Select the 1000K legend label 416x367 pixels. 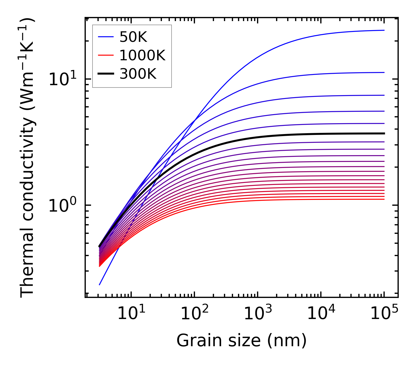click(142, 56)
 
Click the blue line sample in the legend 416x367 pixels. click(106, 37)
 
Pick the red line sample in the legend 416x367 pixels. click(106, 55)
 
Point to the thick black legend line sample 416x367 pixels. click(106, 74)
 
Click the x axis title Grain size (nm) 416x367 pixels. click(242, 341)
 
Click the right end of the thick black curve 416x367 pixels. click(384, 133)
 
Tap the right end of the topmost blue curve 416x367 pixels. click(384, 30)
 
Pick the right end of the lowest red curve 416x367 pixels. click(384, 199)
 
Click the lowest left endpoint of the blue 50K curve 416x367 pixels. click(100, 284)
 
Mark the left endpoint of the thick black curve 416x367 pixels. click(100, 246)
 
